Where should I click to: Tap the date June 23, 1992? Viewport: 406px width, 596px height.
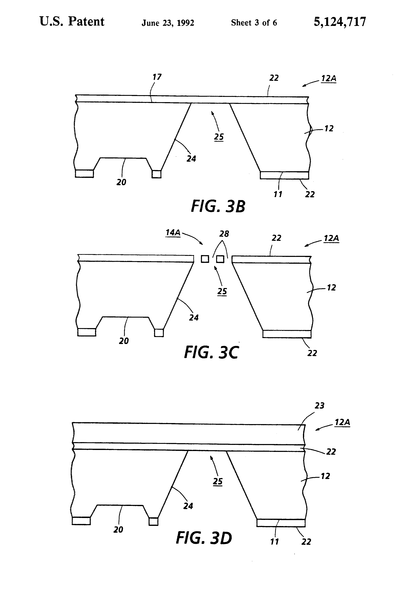[x=168, y=23]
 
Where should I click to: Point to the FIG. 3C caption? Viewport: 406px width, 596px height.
[x=211, y=352]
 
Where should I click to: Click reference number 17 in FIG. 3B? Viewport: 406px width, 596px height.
[x=157, y=77]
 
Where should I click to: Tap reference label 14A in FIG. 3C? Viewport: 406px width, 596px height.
[x=173, y=233]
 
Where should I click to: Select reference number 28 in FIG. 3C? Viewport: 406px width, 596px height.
[x=224, y=234]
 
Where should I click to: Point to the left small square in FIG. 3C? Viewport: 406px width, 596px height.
[x=205, y=259]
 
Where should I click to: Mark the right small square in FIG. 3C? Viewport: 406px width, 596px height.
[x=220, y=259]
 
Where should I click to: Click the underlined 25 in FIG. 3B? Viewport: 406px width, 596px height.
[x=219, y=137]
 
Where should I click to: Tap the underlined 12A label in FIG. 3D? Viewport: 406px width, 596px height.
[x=342, y=422]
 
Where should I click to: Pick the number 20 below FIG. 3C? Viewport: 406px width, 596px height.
[x=124, y=341]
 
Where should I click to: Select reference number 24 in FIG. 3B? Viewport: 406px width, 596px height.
[x=191, y=159]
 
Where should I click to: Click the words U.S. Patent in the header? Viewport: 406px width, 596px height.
[x=72, y=22]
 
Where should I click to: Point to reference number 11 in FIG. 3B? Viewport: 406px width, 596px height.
[x=278, y=194]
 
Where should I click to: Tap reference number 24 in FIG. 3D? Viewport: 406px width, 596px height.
[x=188, y=506]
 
